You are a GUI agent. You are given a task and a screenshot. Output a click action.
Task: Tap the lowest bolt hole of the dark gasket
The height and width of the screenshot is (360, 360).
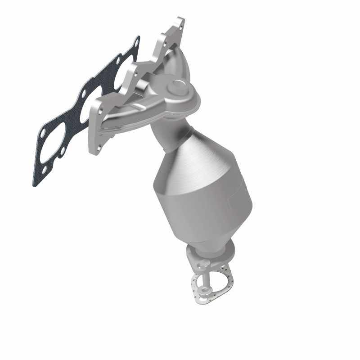(44, 169)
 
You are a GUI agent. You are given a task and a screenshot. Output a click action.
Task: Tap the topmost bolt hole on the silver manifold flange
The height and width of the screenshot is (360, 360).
(179, 23)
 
